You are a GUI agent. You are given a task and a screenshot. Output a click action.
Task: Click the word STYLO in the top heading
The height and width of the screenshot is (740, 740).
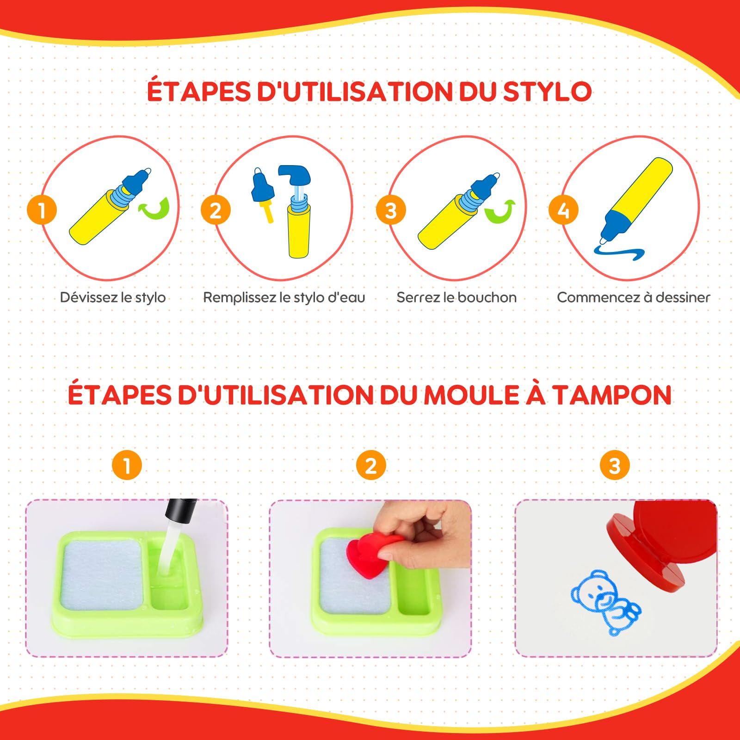click(547, 92)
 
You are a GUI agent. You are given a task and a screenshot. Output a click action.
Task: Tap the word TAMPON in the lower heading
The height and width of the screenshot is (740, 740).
click(612, 395)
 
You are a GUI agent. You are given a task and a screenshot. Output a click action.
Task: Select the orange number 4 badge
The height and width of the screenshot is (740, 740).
click(563, 210)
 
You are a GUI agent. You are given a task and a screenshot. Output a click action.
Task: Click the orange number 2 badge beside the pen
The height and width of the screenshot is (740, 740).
click(216, 210)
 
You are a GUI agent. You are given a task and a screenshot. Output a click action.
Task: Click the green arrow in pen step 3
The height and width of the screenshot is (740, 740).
click(500, 212)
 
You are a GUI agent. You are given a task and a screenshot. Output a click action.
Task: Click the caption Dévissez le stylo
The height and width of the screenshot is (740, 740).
click(113, 297)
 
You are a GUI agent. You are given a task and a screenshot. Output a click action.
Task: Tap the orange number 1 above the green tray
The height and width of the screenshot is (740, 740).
click(127, 465)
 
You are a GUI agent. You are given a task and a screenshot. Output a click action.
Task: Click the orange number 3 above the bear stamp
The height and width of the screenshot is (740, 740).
click(615, 465)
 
